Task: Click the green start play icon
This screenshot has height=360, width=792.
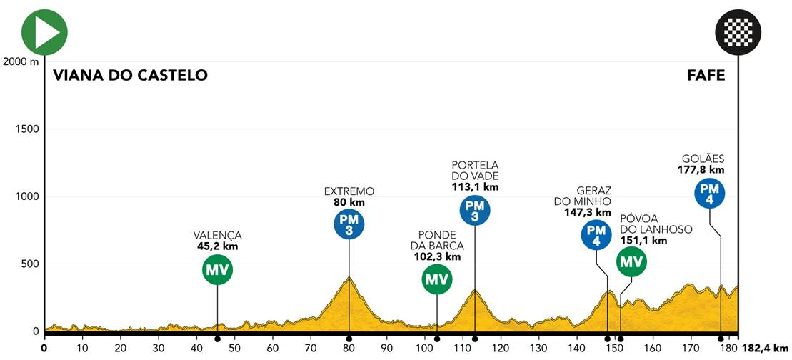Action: coord(44,32)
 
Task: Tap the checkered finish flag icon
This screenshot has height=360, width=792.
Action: coord(738,32)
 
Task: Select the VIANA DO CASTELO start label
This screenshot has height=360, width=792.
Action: coord(130,75)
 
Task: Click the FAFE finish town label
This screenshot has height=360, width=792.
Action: coord(706,75)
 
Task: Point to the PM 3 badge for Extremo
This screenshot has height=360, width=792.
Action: coord(349,225)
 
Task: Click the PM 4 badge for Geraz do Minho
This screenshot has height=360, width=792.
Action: coord(596,236)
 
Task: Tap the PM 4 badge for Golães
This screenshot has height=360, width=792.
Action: coord(709,192)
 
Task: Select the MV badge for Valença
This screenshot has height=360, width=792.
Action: coord(217,270)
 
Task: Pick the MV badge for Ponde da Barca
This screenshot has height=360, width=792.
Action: coord(436,279)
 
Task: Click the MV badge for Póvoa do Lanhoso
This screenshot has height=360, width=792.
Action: coord(631,262)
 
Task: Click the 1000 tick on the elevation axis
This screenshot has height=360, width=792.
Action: coord(23,196)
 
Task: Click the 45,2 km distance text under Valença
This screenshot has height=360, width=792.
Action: coord(217,246)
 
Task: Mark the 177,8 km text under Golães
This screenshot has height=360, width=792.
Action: coord(701,170)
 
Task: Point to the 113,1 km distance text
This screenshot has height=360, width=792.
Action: coord(474,188)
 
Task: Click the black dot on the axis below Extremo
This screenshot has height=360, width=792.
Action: coord(349,338)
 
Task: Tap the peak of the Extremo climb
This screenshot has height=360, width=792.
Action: coord(349,277)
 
